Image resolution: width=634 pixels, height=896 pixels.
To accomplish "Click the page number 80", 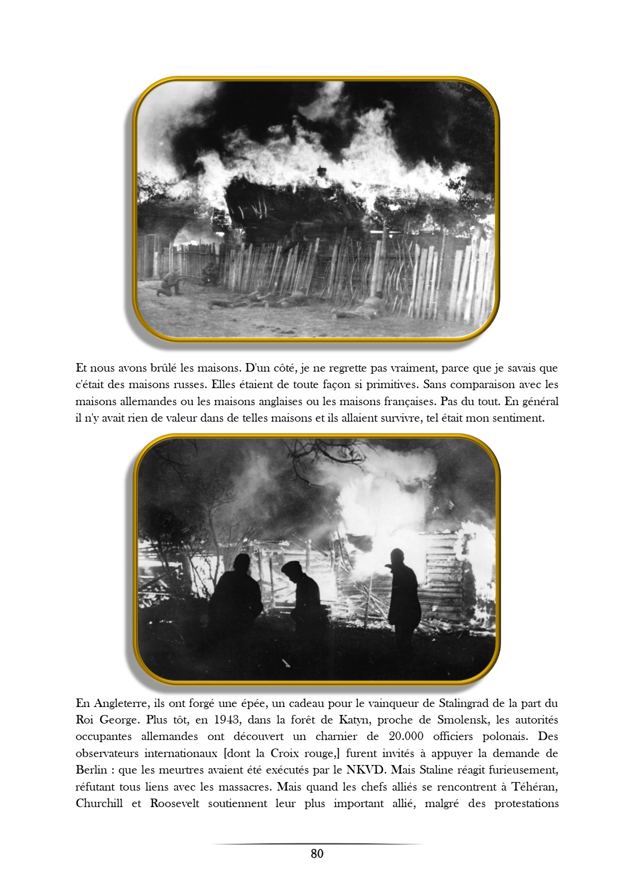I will [316, 853].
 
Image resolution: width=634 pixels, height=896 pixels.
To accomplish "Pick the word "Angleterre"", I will [116, 703].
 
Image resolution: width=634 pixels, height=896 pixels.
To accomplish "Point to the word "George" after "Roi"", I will [118, 720].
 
